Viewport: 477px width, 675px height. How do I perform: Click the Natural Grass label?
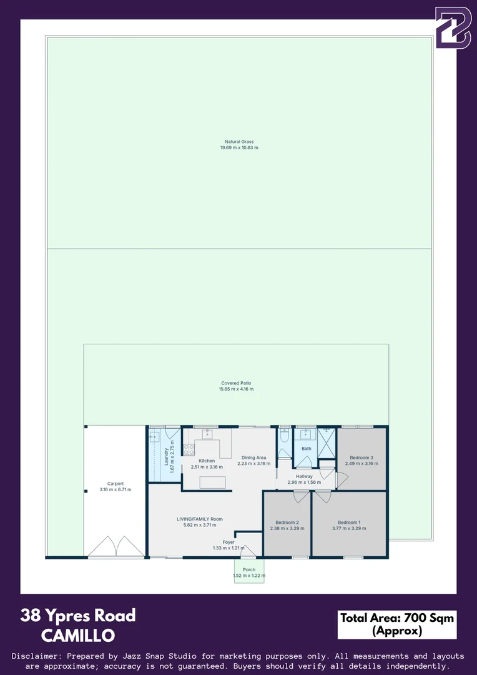(x=239, y=142)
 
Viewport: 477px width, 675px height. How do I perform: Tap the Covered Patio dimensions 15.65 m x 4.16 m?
(x=236, y=389)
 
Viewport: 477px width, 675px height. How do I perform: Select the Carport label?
(x=116, y=483)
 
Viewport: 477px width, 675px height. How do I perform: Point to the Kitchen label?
(x=207, y=461)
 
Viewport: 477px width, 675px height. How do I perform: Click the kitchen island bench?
(x=212, y=482)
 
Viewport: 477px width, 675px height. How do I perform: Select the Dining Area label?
(x=253, y=457)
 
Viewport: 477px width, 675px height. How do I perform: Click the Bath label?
(x=306, y=448)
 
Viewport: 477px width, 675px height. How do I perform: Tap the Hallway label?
(x=304, y=476)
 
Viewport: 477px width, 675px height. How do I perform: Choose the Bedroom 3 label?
(x=361, y=457)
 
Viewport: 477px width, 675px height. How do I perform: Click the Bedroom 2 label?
(x=287, y=522)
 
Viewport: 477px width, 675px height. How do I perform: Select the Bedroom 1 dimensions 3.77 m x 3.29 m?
(x=349, y=529)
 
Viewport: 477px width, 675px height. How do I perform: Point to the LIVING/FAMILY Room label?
(x=200, y=519)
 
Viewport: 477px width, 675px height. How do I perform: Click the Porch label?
(x=248, y=569)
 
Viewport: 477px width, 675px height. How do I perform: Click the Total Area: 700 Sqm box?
(x=397, y=624)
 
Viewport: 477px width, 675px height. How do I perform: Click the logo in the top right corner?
(x=453, y=27)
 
